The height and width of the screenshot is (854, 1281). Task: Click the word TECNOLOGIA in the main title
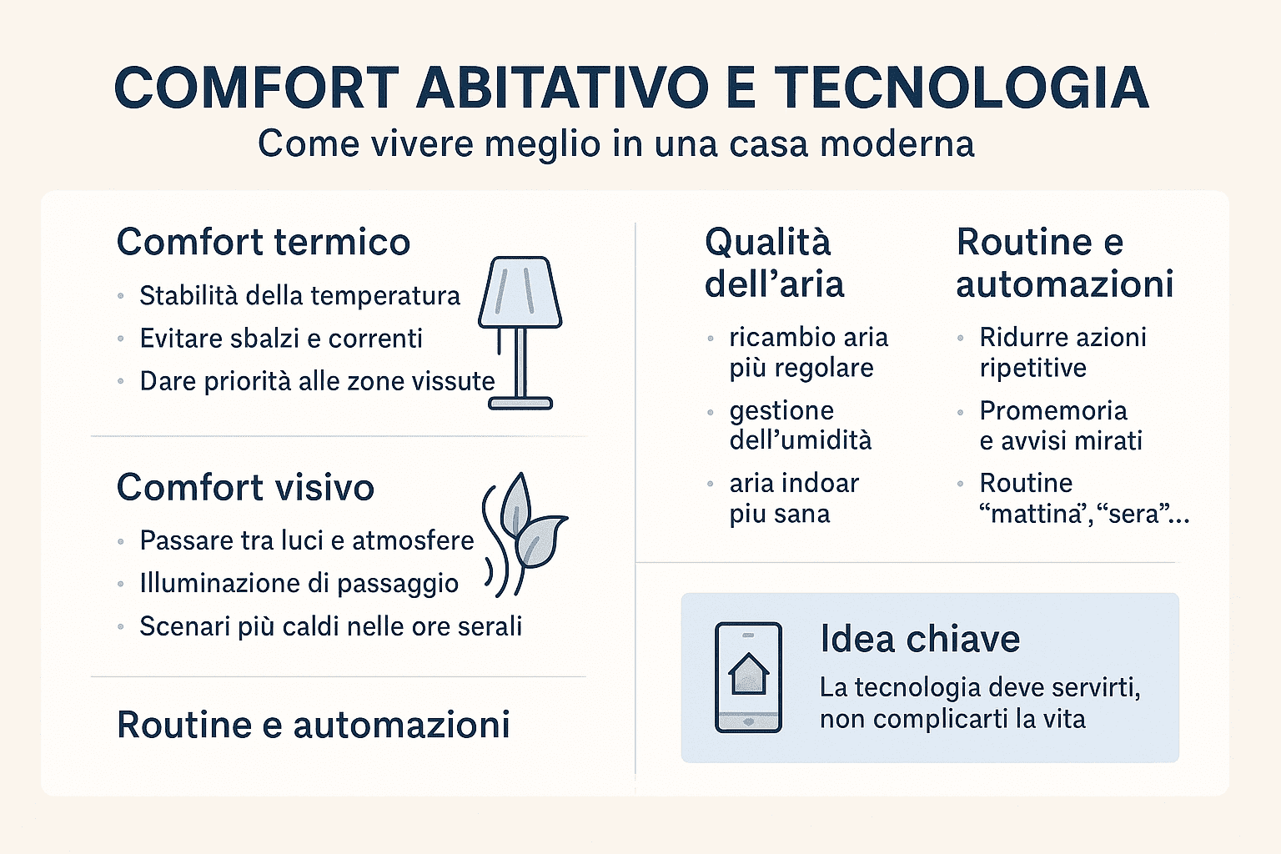(962, 88)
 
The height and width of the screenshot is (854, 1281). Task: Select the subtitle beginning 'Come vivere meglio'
(615, 143)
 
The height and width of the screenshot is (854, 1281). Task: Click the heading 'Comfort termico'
(264, 242)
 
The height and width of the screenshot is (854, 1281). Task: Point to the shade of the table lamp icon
(520, 291)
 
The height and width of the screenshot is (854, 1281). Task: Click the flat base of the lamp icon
(520, 404)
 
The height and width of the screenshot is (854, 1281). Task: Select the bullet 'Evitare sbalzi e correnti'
(281, 339)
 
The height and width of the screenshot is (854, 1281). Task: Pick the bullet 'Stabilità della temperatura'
(299, 295)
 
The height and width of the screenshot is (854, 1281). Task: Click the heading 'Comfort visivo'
(245, 487)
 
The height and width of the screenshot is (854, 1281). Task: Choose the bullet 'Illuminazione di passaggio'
(299, 583)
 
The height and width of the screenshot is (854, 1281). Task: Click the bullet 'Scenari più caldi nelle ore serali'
(330, 626)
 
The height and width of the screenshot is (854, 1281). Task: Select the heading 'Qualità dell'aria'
(774, 263)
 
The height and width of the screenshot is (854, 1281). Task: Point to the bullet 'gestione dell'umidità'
(800, 425)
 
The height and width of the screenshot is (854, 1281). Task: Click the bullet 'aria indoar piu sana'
(793, 498)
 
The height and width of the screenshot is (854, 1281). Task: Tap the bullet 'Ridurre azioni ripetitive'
(1062, 352)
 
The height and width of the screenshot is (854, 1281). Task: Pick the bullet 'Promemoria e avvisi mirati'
(1060, 425)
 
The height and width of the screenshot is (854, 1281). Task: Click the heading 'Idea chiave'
(920, 639)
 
